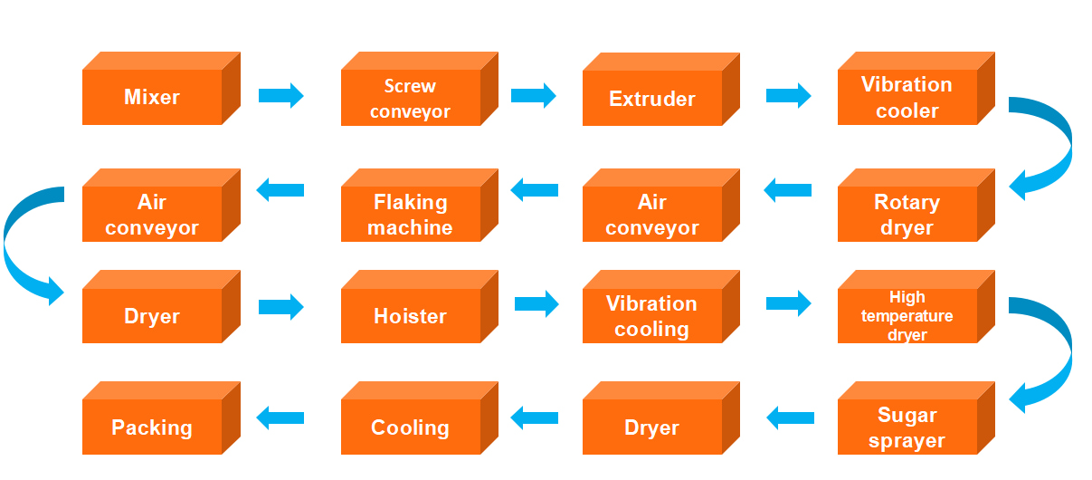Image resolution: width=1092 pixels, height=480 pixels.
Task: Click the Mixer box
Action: (x=152, y=98)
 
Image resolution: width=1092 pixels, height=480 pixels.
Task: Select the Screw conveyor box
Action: (x=410, y=99)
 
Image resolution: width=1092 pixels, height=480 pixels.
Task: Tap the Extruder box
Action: (x=652, y=99)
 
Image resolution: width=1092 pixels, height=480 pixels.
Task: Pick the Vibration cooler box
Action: (x=907, y=98)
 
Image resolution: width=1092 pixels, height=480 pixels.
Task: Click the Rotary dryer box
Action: (x=907, y=215)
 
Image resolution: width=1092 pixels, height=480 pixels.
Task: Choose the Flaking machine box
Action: (x=410, y=215)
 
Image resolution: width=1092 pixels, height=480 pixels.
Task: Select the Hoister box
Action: (x=410, y=316)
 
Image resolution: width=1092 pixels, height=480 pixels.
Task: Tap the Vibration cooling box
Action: (x=652, y=316)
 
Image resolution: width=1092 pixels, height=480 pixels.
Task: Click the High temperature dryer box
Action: (x=907, y=316)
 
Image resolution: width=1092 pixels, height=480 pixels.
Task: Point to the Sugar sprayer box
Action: (x=907, y=427)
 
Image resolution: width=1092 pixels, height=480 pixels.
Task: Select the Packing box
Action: (x=152, y=427)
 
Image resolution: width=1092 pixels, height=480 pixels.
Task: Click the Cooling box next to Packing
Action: (x=410, y=427)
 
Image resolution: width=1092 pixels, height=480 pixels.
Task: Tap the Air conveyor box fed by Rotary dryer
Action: (x=652, y=215)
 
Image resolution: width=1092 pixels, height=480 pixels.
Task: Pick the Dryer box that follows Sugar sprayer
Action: (x=652, y=427)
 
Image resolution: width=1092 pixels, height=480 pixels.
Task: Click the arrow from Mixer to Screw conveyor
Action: (x=280, y=95)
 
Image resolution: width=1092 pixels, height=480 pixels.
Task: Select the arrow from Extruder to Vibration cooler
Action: (x=788, y=95)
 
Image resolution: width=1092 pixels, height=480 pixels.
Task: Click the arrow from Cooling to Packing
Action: (x=280, y=418)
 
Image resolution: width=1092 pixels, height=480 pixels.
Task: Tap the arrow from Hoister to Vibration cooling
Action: (x=537, y=302)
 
